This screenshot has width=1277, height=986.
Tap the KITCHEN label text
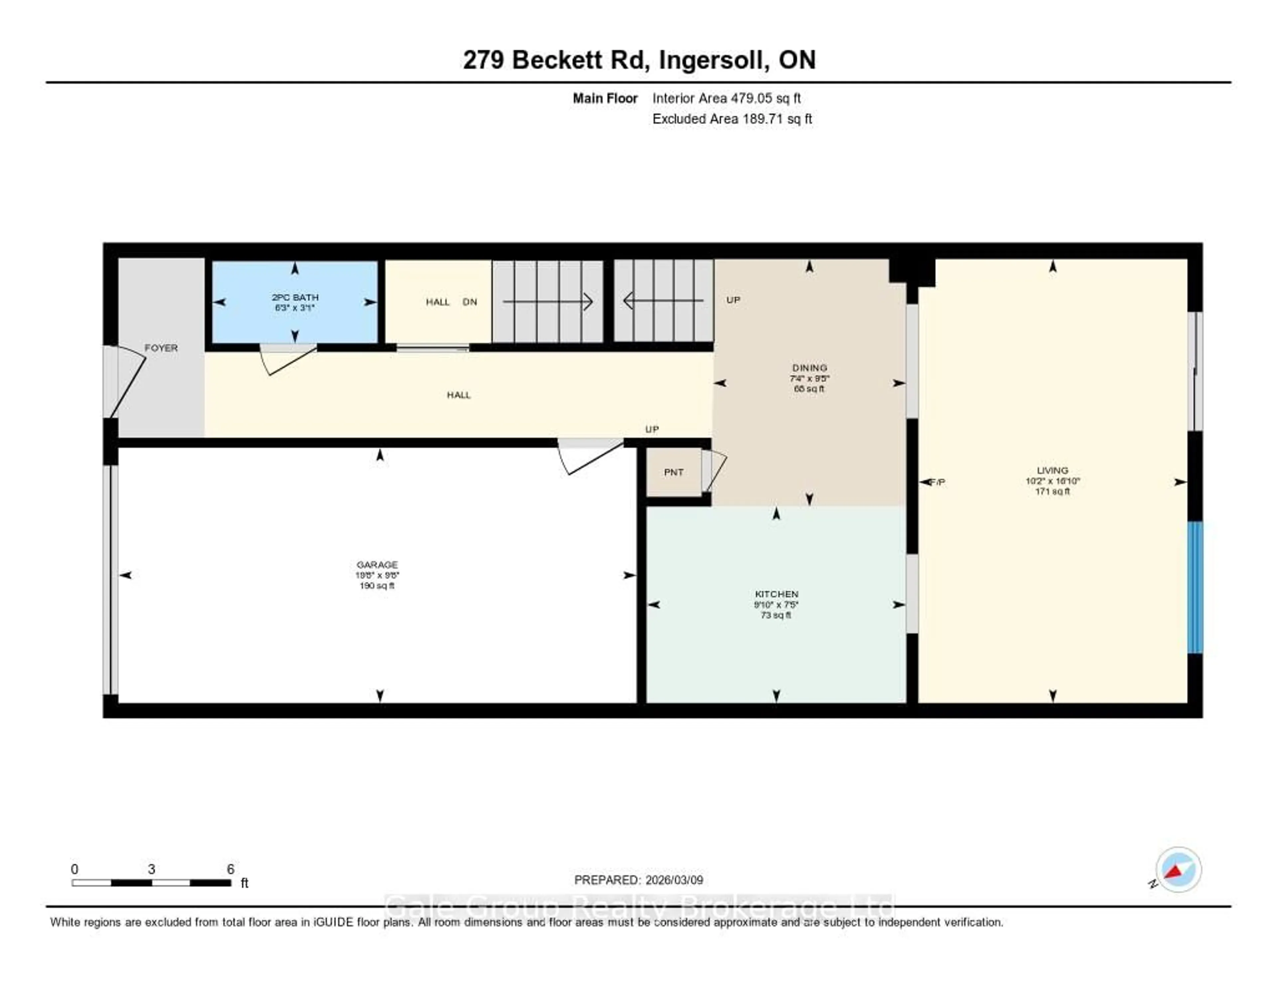776,594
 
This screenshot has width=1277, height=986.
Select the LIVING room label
1052,470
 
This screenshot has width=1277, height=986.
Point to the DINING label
809,368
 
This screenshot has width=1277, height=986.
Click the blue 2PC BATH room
295,318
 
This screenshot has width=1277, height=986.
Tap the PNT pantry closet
673,472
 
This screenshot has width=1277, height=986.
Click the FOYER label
161,348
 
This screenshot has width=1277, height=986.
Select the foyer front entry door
127,383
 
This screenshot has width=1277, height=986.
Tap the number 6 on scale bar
230,869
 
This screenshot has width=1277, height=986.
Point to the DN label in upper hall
470,302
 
